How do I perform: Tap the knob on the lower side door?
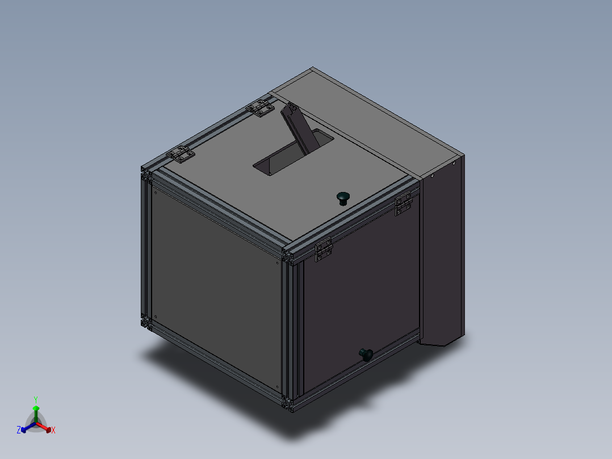tap(366, 354)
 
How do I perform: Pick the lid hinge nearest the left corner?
tap(181, 154)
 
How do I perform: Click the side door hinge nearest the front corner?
tap(324, 250)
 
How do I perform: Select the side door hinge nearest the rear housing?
tap(404, 205)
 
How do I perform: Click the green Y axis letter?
tap(35, 399)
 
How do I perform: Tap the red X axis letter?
tap(53, 431)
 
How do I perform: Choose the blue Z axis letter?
tap(19, 430)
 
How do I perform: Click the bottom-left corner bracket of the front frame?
tap(146, 322)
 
